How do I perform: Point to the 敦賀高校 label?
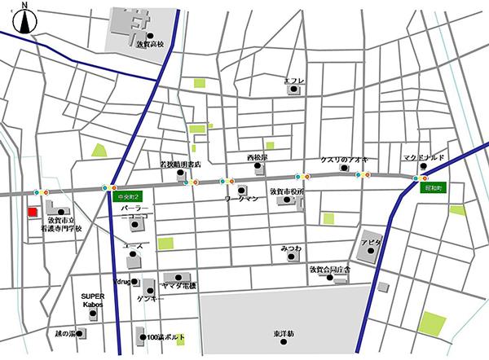[x=150, y=46]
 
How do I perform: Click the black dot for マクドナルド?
[x=423, y=167]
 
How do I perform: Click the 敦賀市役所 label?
[x=286, y=191]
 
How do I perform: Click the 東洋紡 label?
[x=284, y=333]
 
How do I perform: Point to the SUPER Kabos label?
[x=91, y=300]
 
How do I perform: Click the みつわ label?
[x=291, y=248]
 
